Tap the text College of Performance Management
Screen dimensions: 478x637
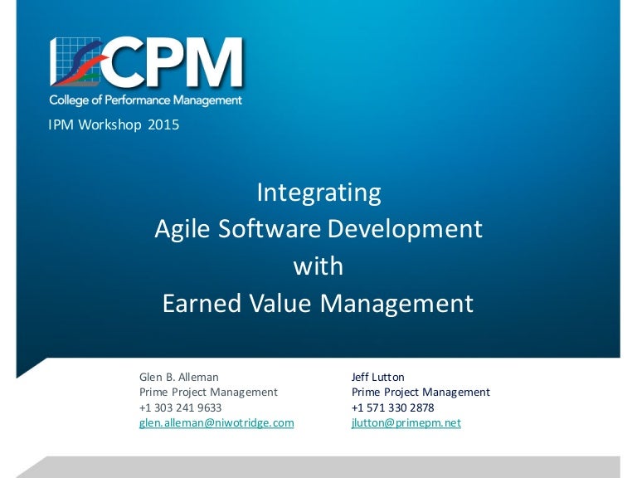145,100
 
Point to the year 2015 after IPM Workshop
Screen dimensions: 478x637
163,126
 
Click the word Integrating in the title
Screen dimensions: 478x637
318,193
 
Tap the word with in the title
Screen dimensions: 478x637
318,266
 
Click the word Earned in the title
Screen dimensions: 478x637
200,303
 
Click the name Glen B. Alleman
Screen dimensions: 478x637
178,377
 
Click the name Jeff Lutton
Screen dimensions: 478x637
378,377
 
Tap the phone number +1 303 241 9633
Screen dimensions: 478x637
180,407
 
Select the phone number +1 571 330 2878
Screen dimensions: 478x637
392,407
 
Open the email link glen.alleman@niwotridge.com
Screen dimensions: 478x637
216,422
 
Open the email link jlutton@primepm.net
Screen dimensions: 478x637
406,422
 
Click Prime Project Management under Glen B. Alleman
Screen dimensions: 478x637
208,392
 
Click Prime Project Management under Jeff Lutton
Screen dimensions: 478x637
421,392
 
